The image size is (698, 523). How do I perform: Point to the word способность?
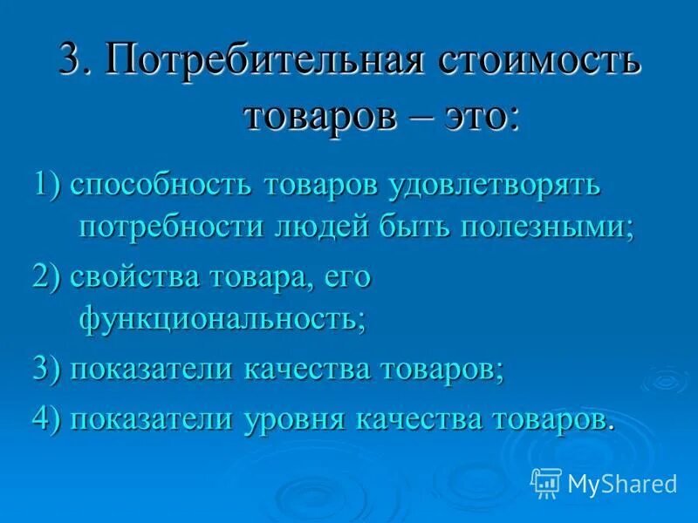(162, 185)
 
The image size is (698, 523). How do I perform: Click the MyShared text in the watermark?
(622, 483)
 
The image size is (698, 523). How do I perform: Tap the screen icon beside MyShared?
(545, 481)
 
